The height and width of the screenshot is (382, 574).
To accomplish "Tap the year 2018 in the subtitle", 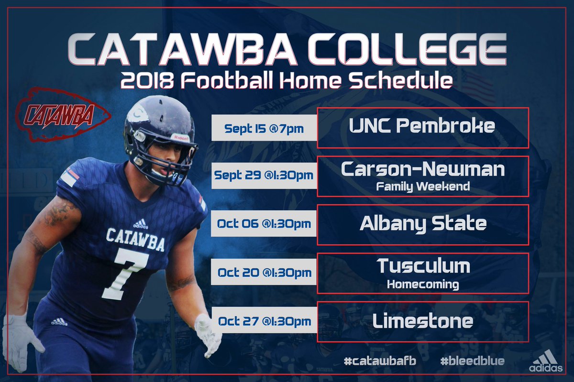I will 143,80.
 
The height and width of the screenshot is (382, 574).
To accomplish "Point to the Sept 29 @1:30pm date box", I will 264,175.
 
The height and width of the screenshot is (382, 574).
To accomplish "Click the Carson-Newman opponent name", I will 423,169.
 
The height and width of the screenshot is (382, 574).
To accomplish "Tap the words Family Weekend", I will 423,186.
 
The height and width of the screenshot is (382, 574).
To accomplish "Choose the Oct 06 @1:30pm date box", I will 264,224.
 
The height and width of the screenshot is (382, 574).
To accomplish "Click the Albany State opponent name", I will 423,223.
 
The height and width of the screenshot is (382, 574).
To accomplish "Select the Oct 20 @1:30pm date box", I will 264,273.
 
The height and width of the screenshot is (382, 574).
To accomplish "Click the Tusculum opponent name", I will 423,266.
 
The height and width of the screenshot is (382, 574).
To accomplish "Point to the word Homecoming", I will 423,285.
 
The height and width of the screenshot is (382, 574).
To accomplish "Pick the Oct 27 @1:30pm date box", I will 264,321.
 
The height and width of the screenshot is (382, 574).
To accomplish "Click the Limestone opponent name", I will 423,321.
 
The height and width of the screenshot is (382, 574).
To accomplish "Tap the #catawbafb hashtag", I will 380,361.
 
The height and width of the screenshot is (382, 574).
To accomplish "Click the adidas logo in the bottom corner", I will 546,361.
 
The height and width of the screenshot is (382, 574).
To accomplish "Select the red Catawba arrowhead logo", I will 62,115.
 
